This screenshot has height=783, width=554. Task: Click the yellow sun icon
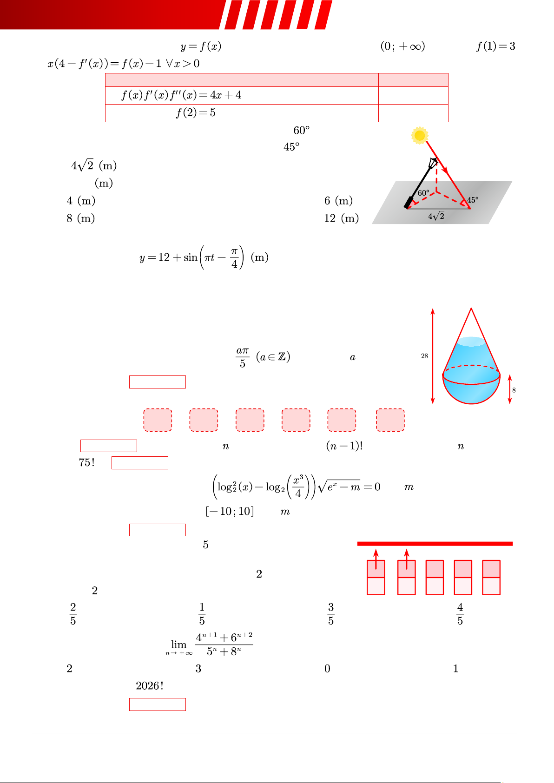(419, 135)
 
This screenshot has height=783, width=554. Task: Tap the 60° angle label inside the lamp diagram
(423, 193)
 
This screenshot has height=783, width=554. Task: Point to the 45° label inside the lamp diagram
(473, 200)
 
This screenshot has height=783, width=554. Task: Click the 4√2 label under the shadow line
(436, 216)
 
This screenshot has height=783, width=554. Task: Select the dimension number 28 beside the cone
(424, 356)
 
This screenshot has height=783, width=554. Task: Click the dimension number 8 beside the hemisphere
(514, 390)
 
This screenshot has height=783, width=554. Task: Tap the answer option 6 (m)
(338, 201)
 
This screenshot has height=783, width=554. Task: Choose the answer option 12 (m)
(342, 218)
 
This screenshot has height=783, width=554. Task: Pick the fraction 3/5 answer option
(330, 614)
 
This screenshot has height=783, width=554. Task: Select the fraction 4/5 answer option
(460, 614)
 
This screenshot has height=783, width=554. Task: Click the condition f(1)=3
(496, 46)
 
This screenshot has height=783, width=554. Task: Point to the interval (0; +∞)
(402, 46)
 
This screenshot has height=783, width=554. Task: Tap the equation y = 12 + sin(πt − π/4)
(204, 257)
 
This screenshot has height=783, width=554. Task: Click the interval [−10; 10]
(230, 512)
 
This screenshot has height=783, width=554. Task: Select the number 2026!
(150, 685)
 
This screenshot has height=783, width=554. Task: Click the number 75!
(87, 462)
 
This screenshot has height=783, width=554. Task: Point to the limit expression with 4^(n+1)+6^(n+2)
(209, 644)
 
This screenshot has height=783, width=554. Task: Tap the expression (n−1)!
(344, 446)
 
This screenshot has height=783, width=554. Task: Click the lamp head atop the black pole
(433, 163)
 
